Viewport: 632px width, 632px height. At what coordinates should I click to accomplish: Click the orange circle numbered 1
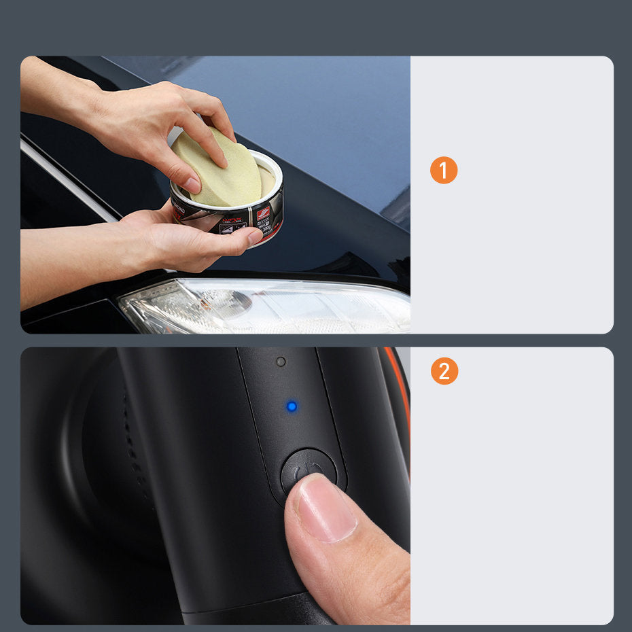tap(444, 171)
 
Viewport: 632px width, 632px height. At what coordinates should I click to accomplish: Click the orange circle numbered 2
tap(444, 371)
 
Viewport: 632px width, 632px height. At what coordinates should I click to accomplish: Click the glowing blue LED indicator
tap(292, 406)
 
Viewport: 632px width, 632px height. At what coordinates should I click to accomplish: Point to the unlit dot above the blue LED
tap(281, 362)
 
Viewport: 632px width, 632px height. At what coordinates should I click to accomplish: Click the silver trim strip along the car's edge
tap(68, 180)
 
